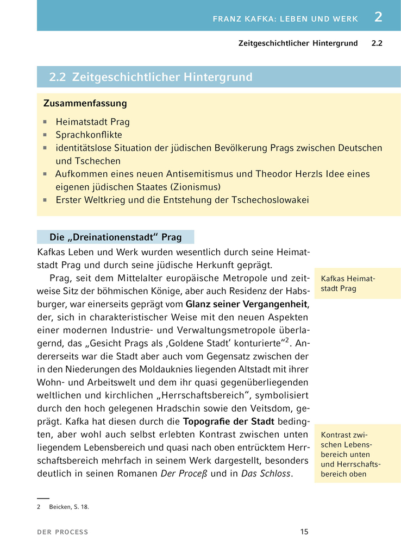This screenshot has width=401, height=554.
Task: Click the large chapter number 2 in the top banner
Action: pyautogui.click(x=378, y=17)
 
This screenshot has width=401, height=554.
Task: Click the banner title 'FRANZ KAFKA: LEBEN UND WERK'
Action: pyautogui.click(x=285, y=19)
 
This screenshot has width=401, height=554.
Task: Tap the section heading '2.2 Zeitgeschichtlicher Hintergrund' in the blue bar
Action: pyautogui.click(x=151, y=77)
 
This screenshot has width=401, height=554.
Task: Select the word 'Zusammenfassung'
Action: pyautogui.click(x=85, y=103)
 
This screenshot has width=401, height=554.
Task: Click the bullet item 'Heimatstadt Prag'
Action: pyautogui.click(x=92, y=122)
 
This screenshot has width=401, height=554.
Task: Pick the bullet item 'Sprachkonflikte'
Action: pyautogui.click(x=89, y=135)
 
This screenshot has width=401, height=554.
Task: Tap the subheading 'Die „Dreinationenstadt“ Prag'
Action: pyautogui.click(x=115, y=237)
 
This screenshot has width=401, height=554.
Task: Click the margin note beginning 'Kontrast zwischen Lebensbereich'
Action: pyautogui.click(x=350, y=454)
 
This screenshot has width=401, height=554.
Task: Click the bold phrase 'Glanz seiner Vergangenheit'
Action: pyautogui.click(x=246, y=304)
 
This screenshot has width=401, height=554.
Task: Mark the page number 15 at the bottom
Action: pyautogui.click(x=304, y=532)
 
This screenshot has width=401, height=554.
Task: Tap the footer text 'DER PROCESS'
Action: pyautogui.click(x=62, y=532)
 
